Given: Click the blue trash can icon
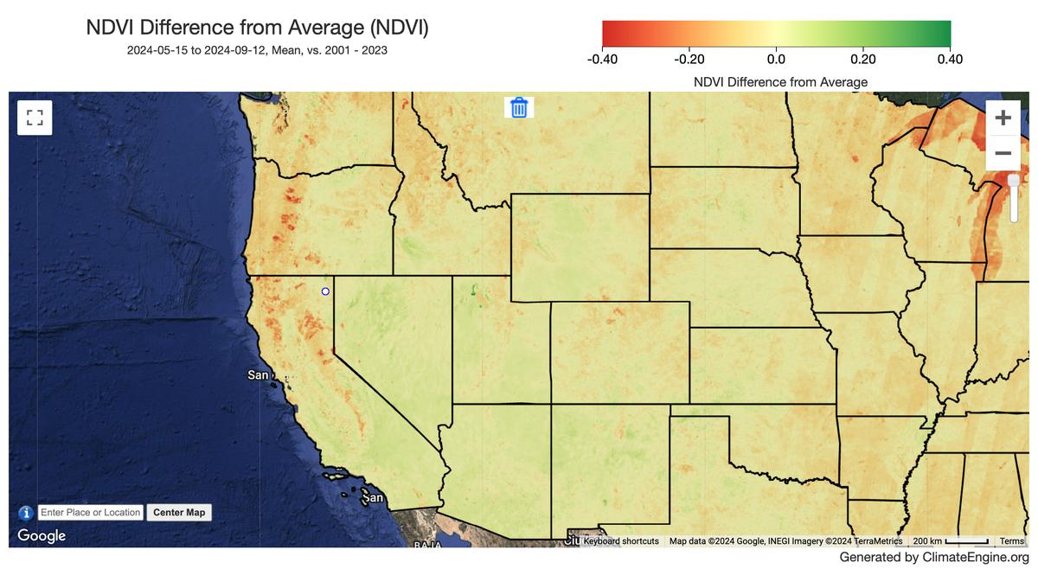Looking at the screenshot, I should (x=519, y=107).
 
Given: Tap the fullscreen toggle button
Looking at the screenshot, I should (x=35, y=118).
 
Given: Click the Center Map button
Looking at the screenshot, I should (x=179, y=513).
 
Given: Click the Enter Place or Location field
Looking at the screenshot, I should (x=91, y=513).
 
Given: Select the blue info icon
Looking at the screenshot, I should (x=26, y=513).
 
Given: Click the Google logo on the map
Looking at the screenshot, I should (x=42, y=536).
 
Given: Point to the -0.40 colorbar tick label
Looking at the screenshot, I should (x=602, y=60).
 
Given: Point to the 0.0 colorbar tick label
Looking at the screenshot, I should (x=776, y=60).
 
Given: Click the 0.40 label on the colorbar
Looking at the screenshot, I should (x=949, y=60).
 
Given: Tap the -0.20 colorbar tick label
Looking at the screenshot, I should (x=689, y=60).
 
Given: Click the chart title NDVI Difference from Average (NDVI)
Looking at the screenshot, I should (x=257, y=28).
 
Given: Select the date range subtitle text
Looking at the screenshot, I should (x=257, y=50).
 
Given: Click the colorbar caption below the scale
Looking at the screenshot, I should (x=780, y=82).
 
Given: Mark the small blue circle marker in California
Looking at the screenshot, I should (x=325, y=291).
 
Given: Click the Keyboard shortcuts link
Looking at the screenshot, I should (x=621, y=541).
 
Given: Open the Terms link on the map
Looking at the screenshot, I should (x=1011, y=541).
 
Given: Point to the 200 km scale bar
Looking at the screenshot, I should (x=950, y=541).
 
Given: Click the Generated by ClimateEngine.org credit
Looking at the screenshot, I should (x=934, y=558).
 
